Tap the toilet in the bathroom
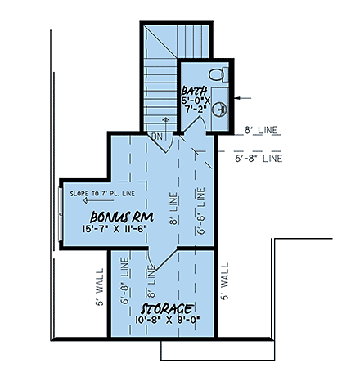(x=217, y=74)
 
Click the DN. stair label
(x=159, y=137)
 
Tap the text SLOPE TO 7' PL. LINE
(x=102, y=194)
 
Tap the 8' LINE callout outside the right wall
(x=262, y=130)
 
